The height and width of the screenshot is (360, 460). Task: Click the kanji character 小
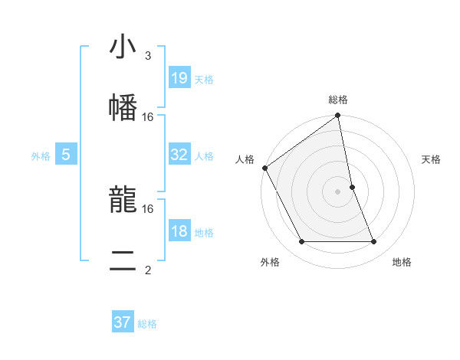(x=123, y=47)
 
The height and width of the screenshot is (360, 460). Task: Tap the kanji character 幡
(x=123, y=107)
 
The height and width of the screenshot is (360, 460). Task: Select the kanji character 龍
(x=123, y=201)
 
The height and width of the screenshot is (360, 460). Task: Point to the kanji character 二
(x=123, y=261)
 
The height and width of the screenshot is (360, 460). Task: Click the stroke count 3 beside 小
(x=148, y=56)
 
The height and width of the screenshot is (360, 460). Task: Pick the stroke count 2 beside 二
(x=148, y=270)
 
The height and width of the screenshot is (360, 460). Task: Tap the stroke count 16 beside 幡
(x=148, y=116)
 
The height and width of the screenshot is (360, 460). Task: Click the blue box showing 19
(x=179, y=78)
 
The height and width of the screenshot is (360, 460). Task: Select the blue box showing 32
(x=179, y=155)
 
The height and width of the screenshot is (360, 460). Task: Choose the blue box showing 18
(x=179, y=231)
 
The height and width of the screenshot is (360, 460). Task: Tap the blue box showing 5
(x=66, y=155)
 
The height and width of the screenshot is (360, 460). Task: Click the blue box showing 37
(x=122, y=322)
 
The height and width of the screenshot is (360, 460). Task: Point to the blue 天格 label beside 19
(x=204, y=79)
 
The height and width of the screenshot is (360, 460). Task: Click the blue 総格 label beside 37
(x=147, y=323)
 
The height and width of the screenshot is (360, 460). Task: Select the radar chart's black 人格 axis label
(x=245, y=159)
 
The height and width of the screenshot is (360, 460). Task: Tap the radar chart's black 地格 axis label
(x=402, y=262)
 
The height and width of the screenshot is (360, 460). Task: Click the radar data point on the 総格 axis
(x=338, y=116)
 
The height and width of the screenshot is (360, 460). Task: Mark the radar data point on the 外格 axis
(x=301, y=242)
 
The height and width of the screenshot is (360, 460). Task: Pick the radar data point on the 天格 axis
(x=352, y=187)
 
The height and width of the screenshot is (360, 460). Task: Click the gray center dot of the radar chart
(x=338, y=191)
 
